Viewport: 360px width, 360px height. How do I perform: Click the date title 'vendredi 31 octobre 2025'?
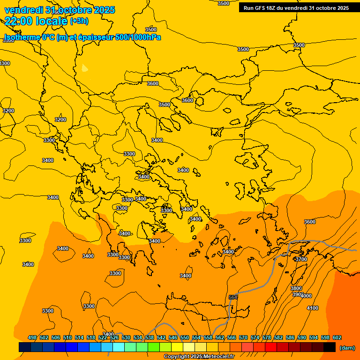point(60,10)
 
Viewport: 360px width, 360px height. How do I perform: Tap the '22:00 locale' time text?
point(36,21)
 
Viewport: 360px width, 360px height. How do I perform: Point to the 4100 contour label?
point(312,308)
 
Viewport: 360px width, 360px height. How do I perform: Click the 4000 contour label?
point(306,296)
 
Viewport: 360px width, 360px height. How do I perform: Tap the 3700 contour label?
point(301,259)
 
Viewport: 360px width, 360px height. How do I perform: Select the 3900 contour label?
point(297,294)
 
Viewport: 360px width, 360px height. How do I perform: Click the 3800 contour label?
point(296,288)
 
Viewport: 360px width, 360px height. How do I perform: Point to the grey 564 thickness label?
point(233,297)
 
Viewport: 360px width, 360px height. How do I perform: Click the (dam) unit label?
point(347,348)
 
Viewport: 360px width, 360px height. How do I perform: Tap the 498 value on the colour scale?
point(32,337)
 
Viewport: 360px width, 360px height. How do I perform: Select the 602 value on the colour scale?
point(337,337)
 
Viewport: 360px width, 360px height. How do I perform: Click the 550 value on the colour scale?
point(185,337)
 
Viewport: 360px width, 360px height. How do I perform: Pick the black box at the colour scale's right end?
point(330,347)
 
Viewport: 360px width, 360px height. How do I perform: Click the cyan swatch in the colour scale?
point(119,347)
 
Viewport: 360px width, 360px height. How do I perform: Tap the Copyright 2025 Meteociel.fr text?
point(199,357)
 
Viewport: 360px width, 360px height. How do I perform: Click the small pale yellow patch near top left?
point(84,68)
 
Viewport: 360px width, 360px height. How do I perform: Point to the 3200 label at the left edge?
point(8,111)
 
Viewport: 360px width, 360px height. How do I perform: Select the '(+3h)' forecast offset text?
point(79,21)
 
